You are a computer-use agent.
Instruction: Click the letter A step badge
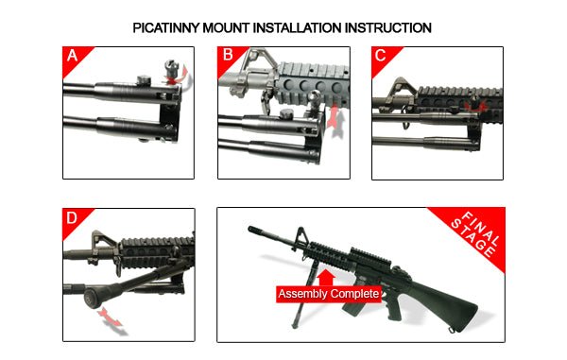coord(73,56)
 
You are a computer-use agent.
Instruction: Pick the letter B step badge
coord(227,56)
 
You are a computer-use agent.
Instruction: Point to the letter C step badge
coord(381,56)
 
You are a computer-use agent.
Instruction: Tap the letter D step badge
coord(73,218)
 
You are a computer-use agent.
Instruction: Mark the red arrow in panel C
coord(483,108)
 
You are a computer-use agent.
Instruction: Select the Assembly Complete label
coord(329,294)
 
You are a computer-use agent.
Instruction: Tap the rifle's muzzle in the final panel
coord(251,230)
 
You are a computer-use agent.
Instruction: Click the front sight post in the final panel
coord(301,236)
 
